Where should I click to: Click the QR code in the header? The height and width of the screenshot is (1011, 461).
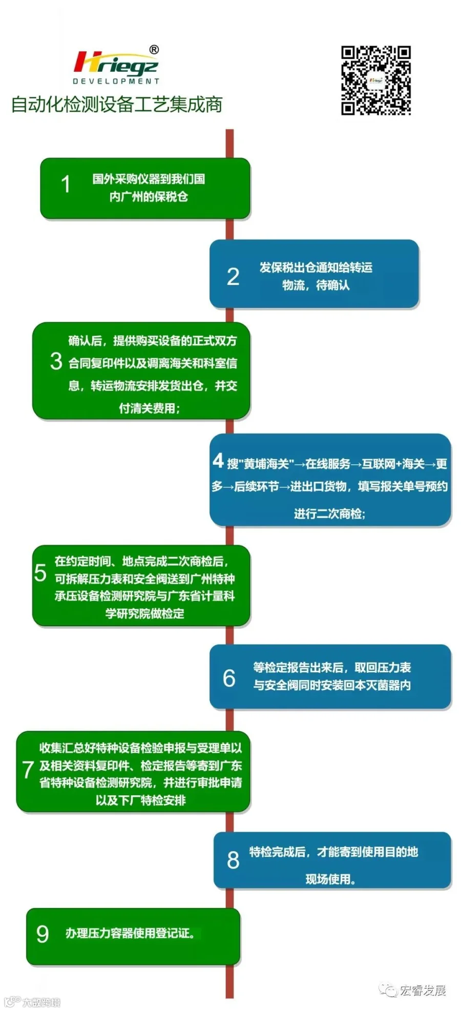point(376,80)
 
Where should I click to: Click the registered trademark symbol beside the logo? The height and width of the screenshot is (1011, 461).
point(154,50)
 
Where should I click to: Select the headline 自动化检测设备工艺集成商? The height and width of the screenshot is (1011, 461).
point(117,105)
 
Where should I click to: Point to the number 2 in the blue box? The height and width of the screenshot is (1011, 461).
point(233,277)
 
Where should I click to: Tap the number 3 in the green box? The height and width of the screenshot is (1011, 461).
point(56,361)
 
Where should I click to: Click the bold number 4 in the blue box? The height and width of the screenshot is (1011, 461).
point(218,461)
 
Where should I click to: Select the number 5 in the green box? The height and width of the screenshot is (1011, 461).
point(40,573)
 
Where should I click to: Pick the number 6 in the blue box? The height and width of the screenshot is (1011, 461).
point(229,678)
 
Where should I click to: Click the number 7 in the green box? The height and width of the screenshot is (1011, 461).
point(28,770)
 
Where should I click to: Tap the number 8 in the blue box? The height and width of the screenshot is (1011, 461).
point(233,860)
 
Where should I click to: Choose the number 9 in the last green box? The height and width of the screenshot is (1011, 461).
point(43,934)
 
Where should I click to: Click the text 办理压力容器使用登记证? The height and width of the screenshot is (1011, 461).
point(130,934)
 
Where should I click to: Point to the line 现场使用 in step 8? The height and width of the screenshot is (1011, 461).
point(330,879)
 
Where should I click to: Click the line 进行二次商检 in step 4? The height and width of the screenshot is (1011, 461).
point(329,514)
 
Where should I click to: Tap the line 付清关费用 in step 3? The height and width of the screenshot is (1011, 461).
point(149,408)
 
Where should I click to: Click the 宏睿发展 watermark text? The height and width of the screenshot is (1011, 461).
point(423,991)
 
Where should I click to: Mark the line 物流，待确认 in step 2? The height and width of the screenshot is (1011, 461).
point(316,285)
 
